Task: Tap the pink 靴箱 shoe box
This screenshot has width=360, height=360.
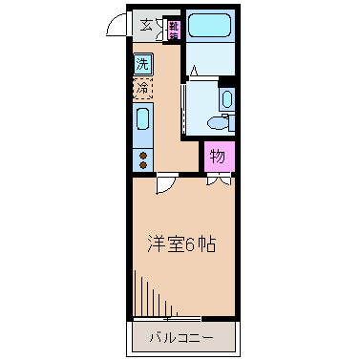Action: point(174,29)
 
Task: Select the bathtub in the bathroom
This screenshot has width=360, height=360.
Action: point(210,26)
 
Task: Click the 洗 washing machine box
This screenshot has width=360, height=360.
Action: point(142,66)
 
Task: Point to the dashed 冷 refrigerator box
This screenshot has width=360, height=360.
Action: point(142,90)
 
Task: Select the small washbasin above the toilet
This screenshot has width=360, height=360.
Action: point(227,99)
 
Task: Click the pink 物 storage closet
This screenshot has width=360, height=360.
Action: point(218,156)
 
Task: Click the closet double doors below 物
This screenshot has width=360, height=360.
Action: point(219,179)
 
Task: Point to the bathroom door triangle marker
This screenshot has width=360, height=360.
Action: point(195,70)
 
